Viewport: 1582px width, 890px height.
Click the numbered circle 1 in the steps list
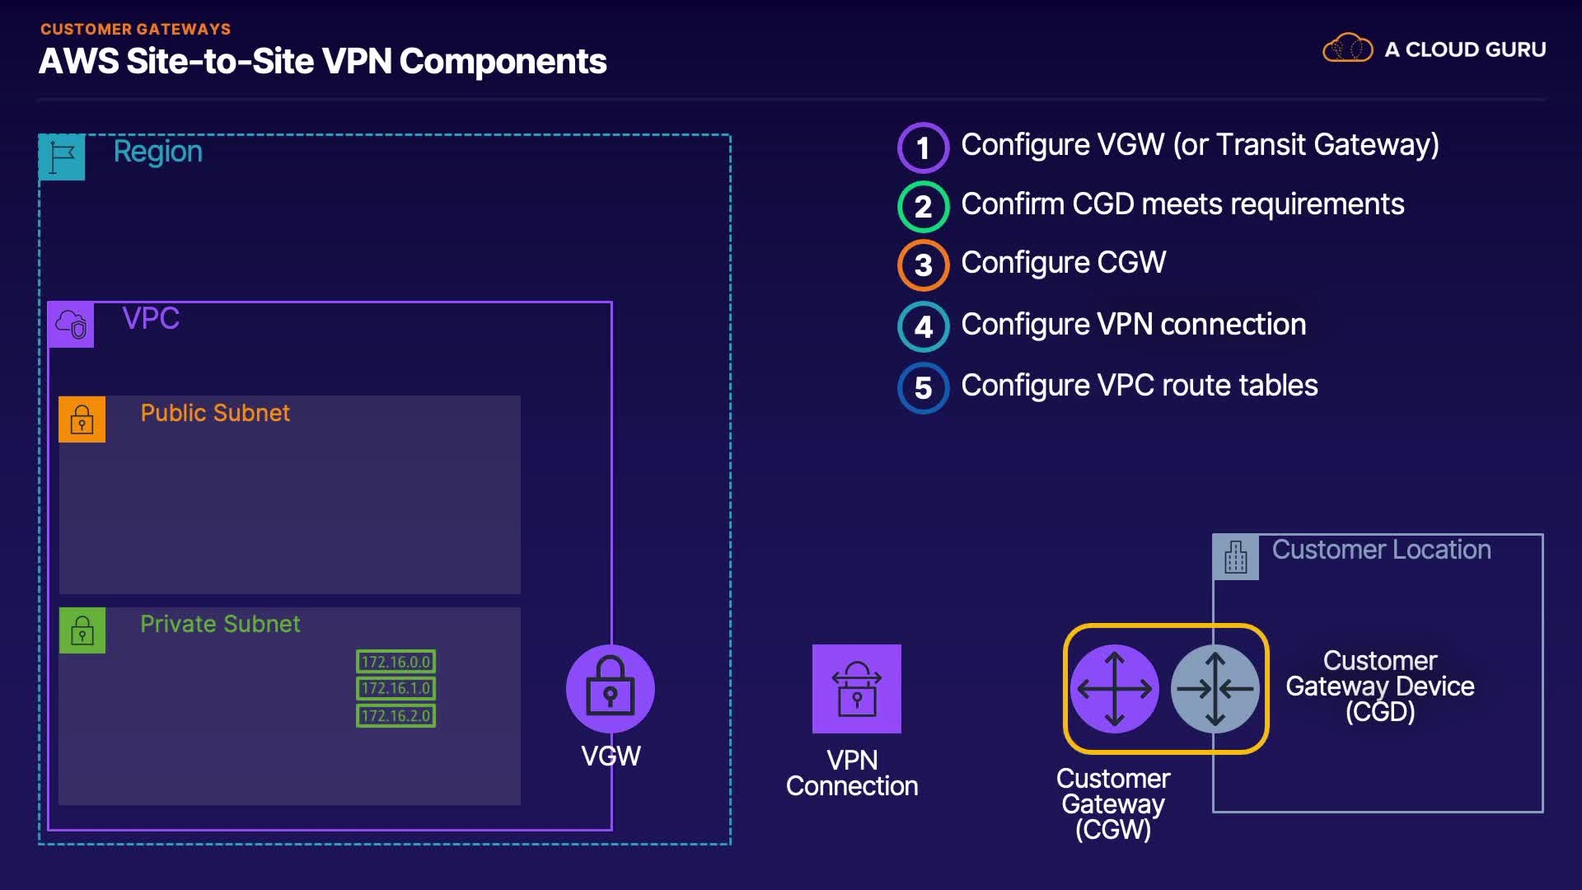(x=923, y=148)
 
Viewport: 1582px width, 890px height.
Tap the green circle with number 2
(x=923, y=206)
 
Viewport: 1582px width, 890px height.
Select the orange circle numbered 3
(x=923, y=265)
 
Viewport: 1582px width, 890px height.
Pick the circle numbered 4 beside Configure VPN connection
(x=923, y=326)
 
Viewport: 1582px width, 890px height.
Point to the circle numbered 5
(x=923, y=387)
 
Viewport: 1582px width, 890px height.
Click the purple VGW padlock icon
(x=610, y=689)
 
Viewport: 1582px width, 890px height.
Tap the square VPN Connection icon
(x=856, y=689)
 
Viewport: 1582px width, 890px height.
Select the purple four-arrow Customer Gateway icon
(x=1114, y=689)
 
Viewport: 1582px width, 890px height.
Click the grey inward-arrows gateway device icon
(x=1215, y=689)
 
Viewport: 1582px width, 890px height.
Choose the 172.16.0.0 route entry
(x=395, y=662)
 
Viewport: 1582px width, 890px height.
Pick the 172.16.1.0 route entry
(x=395, y=688)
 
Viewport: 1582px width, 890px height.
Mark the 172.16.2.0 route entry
(x=395, y=715)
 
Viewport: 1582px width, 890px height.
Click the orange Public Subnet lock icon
(x=82, y=419)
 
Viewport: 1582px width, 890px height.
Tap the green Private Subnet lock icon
(x=82, y=630)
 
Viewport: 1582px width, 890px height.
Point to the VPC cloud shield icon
(x=71, y=325)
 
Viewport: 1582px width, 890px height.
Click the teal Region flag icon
(x=62, y=157)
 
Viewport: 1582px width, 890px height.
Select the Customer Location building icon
(x=1235, y=557)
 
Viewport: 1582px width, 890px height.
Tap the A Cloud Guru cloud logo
(x=1347, y=48)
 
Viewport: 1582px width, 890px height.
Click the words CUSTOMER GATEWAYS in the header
(x=135, y=29)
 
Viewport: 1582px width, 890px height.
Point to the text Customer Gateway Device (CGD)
(x=1380, y=686)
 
